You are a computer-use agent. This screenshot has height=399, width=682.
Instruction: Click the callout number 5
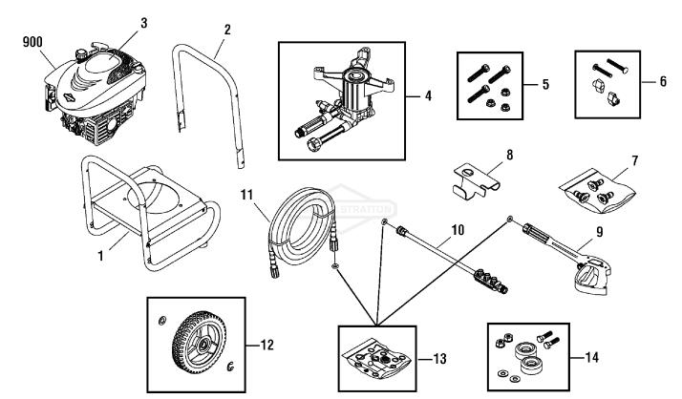545,85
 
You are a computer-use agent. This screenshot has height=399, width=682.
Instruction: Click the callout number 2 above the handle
227,30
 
